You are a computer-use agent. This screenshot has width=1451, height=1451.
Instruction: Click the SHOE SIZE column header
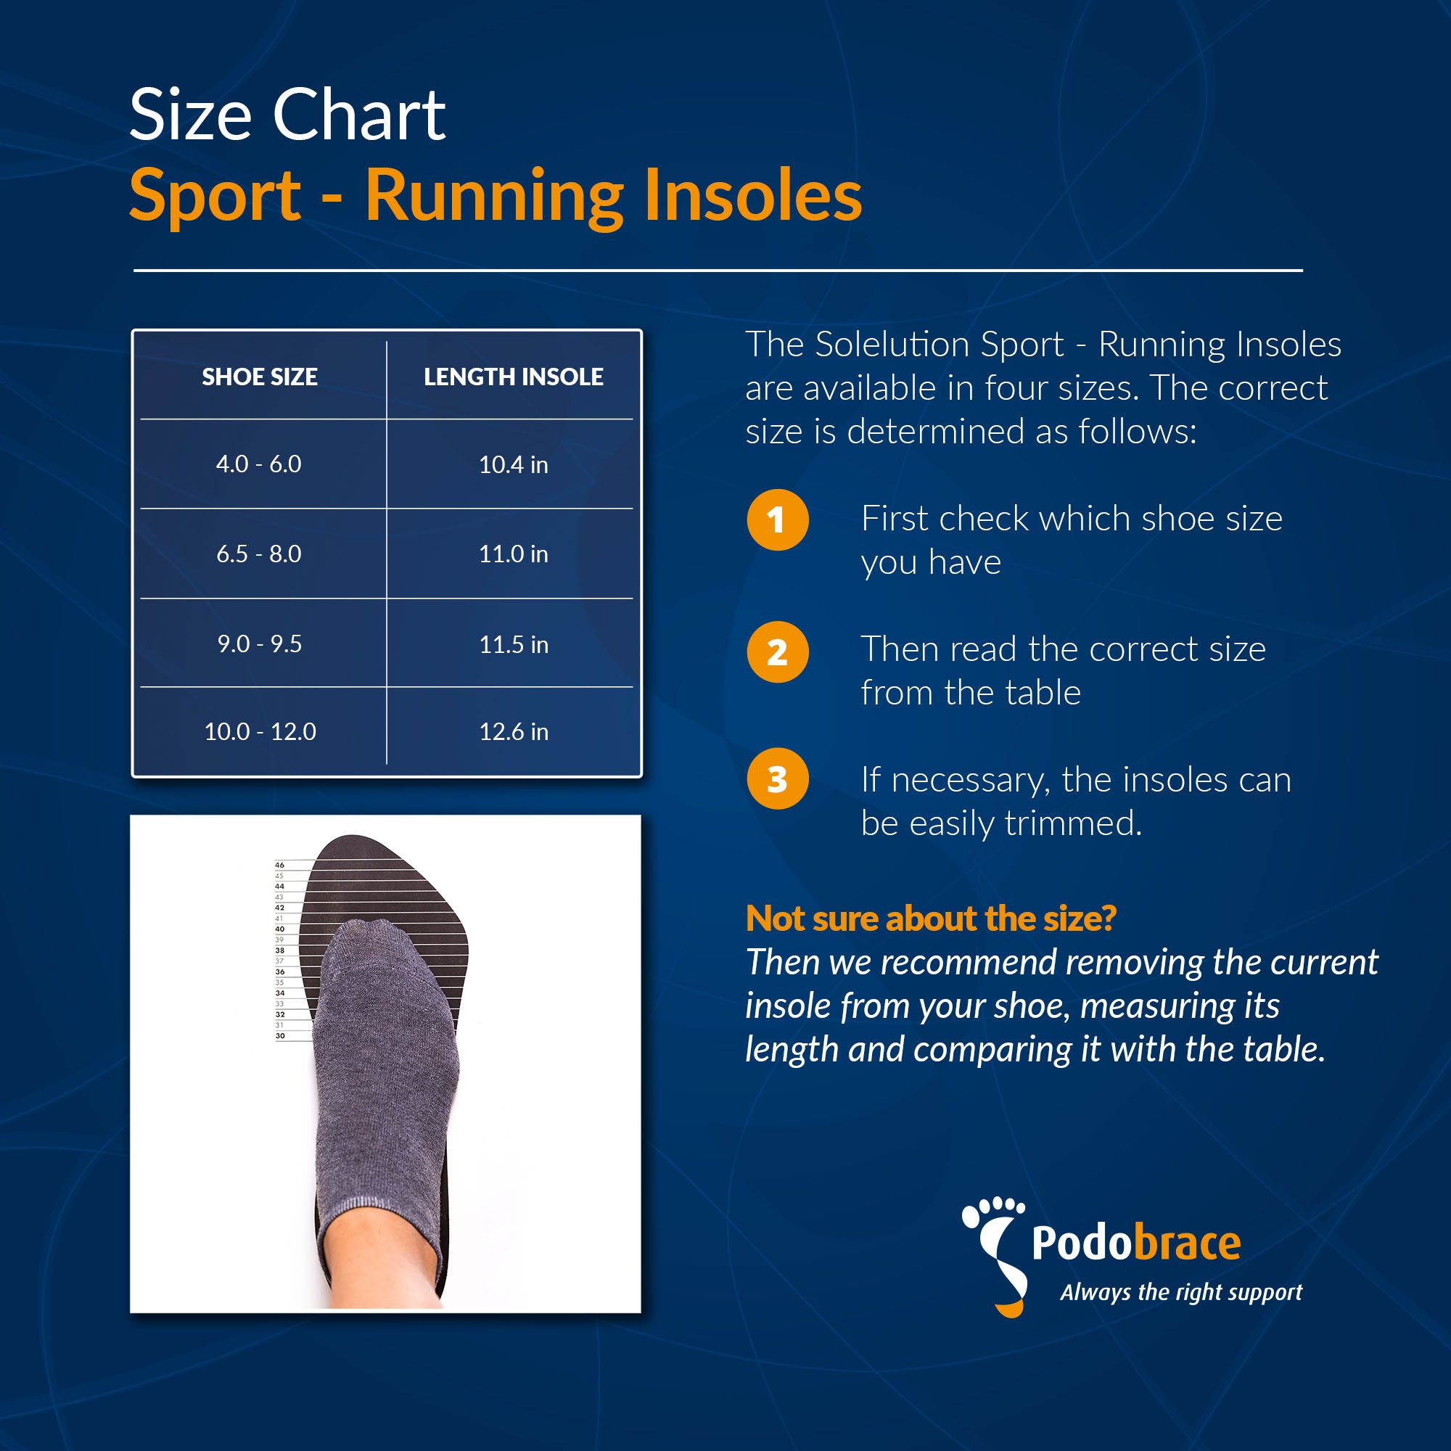tap(260, 377)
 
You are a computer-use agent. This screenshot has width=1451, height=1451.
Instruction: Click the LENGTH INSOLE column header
tap(514, 377)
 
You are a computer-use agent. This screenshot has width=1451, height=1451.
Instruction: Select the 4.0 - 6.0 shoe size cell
tap(259, 464)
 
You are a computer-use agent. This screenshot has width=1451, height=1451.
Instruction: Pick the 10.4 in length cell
tap(514, 465)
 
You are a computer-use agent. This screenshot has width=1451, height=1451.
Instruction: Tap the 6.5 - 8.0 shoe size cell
tap(259, 554)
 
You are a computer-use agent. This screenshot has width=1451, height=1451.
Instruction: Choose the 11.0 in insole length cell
tap(514, 554)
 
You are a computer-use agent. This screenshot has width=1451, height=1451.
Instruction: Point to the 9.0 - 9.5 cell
tap(260, 644)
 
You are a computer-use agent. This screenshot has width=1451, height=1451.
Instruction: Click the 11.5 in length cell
tap(514, 644)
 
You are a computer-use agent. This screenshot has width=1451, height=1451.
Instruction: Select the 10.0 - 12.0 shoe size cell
tap(260, 731)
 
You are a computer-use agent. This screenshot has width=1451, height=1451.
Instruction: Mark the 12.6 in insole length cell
tap(514, 731)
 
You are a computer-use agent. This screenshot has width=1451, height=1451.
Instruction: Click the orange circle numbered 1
tap(777, 519)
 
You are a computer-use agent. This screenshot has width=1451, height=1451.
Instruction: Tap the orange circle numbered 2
tap(777, 652)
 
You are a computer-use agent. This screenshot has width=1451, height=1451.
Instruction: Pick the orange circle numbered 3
tap(777, 778)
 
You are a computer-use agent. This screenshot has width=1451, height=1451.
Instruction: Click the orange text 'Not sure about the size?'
tap(932, 918)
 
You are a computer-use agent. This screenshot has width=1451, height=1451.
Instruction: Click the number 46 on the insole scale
tap(279, 866)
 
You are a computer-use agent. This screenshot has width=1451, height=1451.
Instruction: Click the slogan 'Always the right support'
tap(1181, 1293)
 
